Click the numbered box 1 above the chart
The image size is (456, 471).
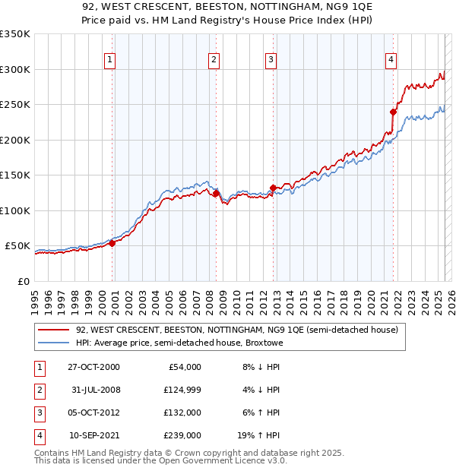click(x=110, y=60)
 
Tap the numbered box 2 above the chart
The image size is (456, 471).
click(x=214, y=60)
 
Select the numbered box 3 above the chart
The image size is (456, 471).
click(x=271, y=60)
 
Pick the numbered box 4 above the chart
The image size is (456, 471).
click(x=391, y=60)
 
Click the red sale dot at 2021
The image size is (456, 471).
click(x=394, y=112)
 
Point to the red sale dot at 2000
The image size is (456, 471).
click(x=112, y=243)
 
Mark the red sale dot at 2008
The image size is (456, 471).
click(x=216, y=193)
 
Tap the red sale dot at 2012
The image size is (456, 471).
click(x=273, y=188)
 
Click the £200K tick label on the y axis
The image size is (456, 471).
click(x=15, y=140)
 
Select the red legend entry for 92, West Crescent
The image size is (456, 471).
click(x=236, y=330)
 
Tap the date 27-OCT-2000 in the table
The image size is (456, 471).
click(x=93, y=367)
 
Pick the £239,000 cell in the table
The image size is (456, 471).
click(x=182, y=435)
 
